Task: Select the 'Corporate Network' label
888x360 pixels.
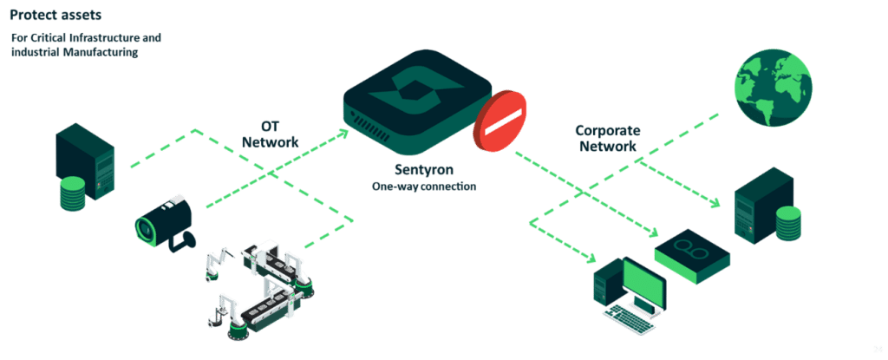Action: (x=607, y=138)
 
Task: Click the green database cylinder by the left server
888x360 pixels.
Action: (x=71, y=195)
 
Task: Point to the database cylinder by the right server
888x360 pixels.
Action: (x=788, y=225)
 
